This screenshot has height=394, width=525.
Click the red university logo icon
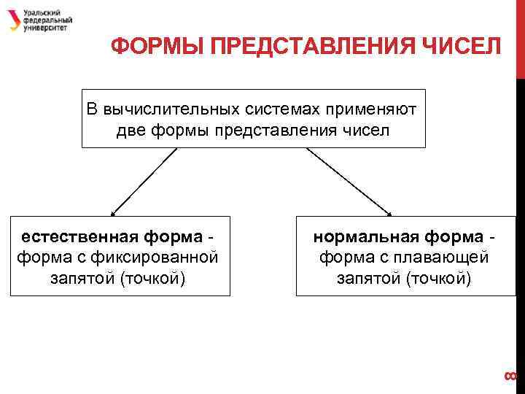15,20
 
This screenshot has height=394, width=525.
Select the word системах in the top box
284,109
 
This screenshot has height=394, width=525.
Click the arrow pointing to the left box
143,182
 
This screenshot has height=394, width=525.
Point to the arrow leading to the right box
349,182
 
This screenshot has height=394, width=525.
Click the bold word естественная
71,237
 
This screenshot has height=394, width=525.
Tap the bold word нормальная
362,237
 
